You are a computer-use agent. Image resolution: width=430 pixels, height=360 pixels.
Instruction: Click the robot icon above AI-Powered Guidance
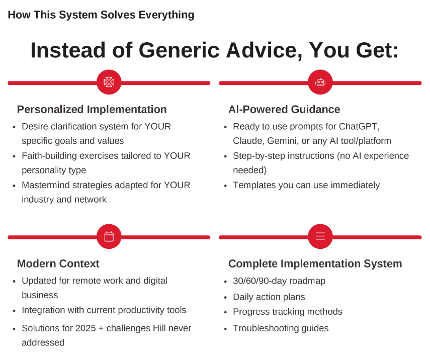click(x=320, y=82)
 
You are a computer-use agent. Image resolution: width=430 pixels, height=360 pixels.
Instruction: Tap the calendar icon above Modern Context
click(x=109, y=236)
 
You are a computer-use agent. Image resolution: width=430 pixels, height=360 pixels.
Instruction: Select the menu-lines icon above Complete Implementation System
click(x=320, y=236)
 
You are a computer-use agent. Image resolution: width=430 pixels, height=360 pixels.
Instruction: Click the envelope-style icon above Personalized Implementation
click(x=109, y=82)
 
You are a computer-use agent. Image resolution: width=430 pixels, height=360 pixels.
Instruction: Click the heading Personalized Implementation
click(x=92, y=110)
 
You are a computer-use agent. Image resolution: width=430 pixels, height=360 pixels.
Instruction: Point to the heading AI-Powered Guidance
click(x=284, y=110)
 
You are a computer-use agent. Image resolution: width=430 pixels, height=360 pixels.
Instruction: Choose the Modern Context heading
click(x=58, y=263)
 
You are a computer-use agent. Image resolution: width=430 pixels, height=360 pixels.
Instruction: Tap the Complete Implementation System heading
click(x=315, y=264)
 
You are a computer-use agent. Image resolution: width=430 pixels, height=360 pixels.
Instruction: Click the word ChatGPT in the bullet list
click(x=359, y=126)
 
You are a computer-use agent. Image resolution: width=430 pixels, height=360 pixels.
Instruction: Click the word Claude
click(x=249, y=141)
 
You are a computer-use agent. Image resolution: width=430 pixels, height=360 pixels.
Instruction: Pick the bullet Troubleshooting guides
click(x=281, y=328)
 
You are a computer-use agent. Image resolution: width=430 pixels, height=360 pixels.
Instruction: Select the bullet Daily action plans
click(x=269, y=297)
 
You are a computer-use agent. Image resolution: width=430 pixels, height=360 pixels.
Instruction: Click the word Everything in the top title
click(x=166, y=15)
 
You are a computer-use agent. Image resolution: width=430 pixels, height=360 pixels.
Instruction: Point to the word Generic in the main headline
click(x=179, y=50)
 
